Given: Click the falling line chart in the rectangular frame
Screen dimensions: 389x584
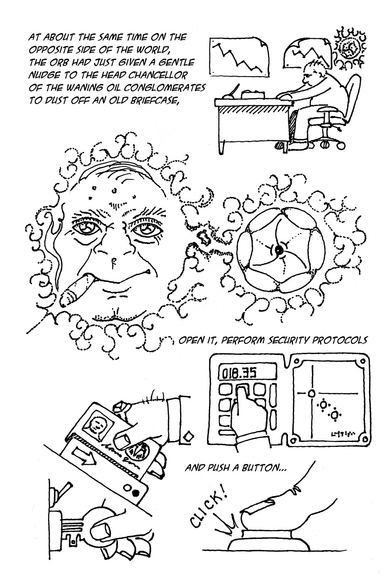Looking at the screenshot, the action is tap(239, 58).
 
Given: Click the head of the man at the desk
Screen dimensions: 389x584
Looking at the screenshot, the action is tap(315, 74).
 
